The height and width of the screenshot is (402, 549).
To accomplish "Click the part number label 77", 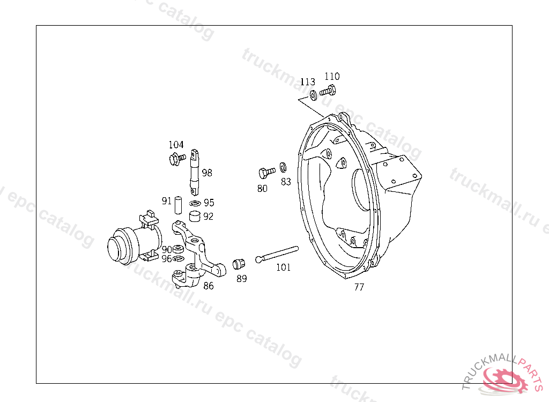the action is (359, 287).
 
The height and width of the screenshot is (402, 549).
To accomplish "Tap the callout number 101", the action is (283, 267).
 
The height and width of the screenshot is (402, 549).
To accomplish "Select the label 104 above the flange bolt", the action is (176, 144).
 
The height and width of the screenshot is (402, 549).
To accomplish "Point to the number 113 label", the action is (308, 81).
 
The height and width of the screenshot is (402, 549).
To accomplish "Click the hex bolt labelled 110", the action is (328, 91).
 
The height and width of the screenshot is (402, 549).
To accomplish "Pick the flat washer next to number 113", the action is (313, 95).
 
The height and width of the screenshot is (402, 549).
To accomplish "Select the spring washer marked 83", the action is (283, 167).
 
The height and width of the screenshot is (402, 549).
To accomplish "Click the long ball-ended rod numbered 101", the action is (277, 254).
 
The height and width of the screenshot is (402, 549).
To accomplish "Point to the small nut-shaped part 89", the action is (239, 264).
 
